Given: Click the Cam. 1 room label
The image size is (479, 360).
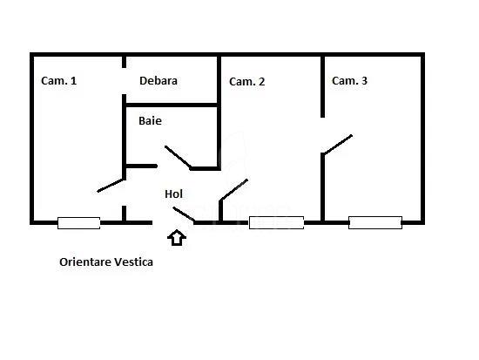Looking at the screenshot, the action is click(x=58, y=81).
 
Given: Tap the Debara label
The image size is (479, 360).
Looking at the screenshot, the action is click(x=159, y=81).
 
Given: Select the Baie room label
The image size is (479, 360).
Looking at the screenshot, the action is click(x=150, y=121).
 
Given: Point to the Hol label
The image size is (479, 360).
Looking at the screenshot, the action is click(x=173, y=194).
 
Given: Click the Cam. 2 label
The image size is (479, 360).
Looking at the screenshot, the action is click(x=246, y=82).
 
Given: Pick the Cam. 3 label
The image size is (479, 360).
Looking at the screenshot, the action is click(x=349, y=81).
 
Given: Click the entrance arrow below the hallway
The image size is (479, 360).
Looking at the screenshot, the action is click(x=177, y=237).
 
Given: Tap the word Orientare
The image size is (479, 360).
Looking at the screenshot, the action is click(x=85, y=262).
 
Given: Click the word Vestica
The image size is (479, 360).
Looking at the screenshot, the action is click(x=133, y=262).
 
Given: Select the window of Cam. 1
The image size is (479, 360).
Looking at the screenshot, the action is click(x=78, y=223).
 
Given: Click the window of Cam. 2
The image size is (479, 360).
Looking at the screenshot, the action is click(x=276, y=222).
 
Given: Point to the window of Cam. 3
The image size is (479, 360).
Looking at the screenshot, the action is click(x=375, y=222).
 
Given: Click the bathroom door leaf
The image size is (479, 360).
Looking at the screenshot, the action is click(x=178, y=158).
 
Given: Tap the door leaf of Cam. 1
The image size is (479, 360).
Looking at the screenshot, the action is click(x=111, y=186).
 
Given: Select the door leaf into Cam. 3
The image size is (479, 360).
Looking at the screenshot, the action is click(x=338, y=144).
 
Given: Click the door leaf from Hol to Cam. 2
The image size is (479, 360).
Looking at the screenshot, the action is click(x=234, y=190).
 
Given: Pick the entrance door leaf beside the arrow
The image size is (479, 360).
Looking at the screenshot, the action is click(x=184, y=214).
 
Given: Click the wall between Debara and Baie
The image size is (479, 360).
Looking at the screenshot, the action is click(x=172, y=105).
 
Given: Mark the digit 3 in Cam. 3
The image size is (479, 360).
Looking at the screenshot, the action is click(x=364, y=81).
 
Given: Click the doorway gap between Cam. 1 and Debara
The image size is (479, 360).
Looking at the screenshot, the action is click(x=124, y=81).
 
